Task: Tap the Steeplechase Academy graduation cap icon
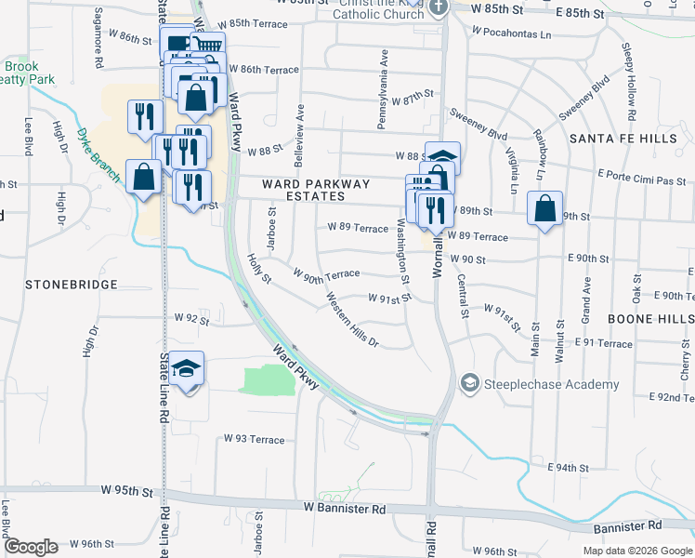click(470, 383)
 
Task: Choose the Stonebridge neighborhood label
click(72, 285)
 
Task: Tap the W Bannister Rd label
click(345, 509)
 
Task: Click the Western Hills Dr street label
click(353, 321)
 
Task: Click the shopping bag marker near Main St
click(544, 210)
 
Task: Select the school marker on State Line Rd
click(187, 370)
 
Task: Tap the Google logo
click(30, 547)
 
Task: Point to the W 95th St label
click(126, 490)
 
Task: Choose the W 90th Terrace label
click(326, 274)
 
